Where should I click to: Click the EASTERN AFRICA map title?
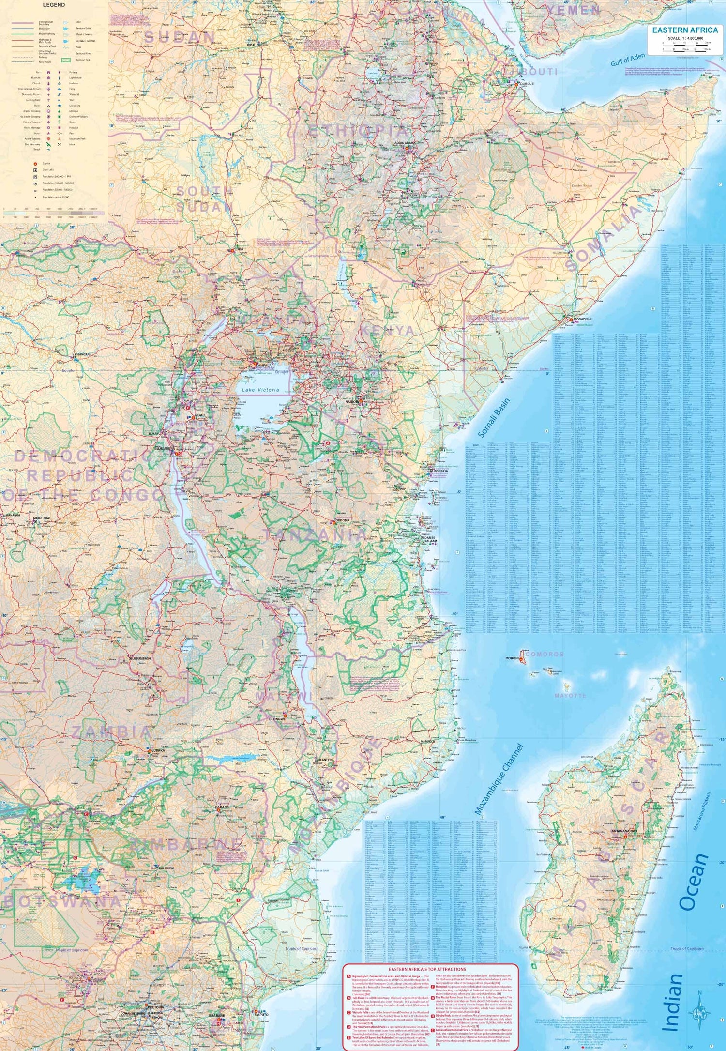pyautogui.click(x=685, y=30)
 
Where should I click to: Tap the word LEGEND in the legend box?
pyautogui.click(x=53, y=5)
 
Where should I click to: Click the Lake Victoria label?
pyautogui.click(x=260, y=390)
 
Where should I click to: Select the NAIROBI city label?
pyautogui.click(x=352, y=401)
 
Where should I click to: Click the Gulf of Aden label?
pyautogui.click(x=628, y=60)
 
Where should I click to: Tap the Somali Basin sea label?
pyautogui.click(x=494, y=417)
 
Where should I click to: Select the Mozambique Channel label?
pyautogui.click(x=499, y=779)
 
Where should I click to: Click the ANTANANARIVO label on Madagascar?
pyautogui.click(x=624, y=831)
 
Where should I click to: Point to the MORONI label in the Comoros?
pyautogui.click(x=512, y=658)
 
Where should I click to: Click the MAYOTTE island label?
pyautogui.click(x=570, y=696)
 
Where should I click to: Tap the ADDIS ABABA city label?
pyautogui.click(x=405, y=143)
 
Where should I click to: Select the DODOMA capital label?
pyautogui.click(x=342, y=521)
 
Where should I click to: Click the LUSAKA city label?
pyautogui.click(x=158, y=750)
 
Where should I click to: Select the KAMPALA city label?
pyautogui.click(x=264, y=366)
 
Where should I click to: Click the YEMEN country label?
pyautogui.click(x=574, y=10)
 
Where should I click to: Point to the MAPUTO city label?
pyautogui.click(x=261, y=1015)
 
